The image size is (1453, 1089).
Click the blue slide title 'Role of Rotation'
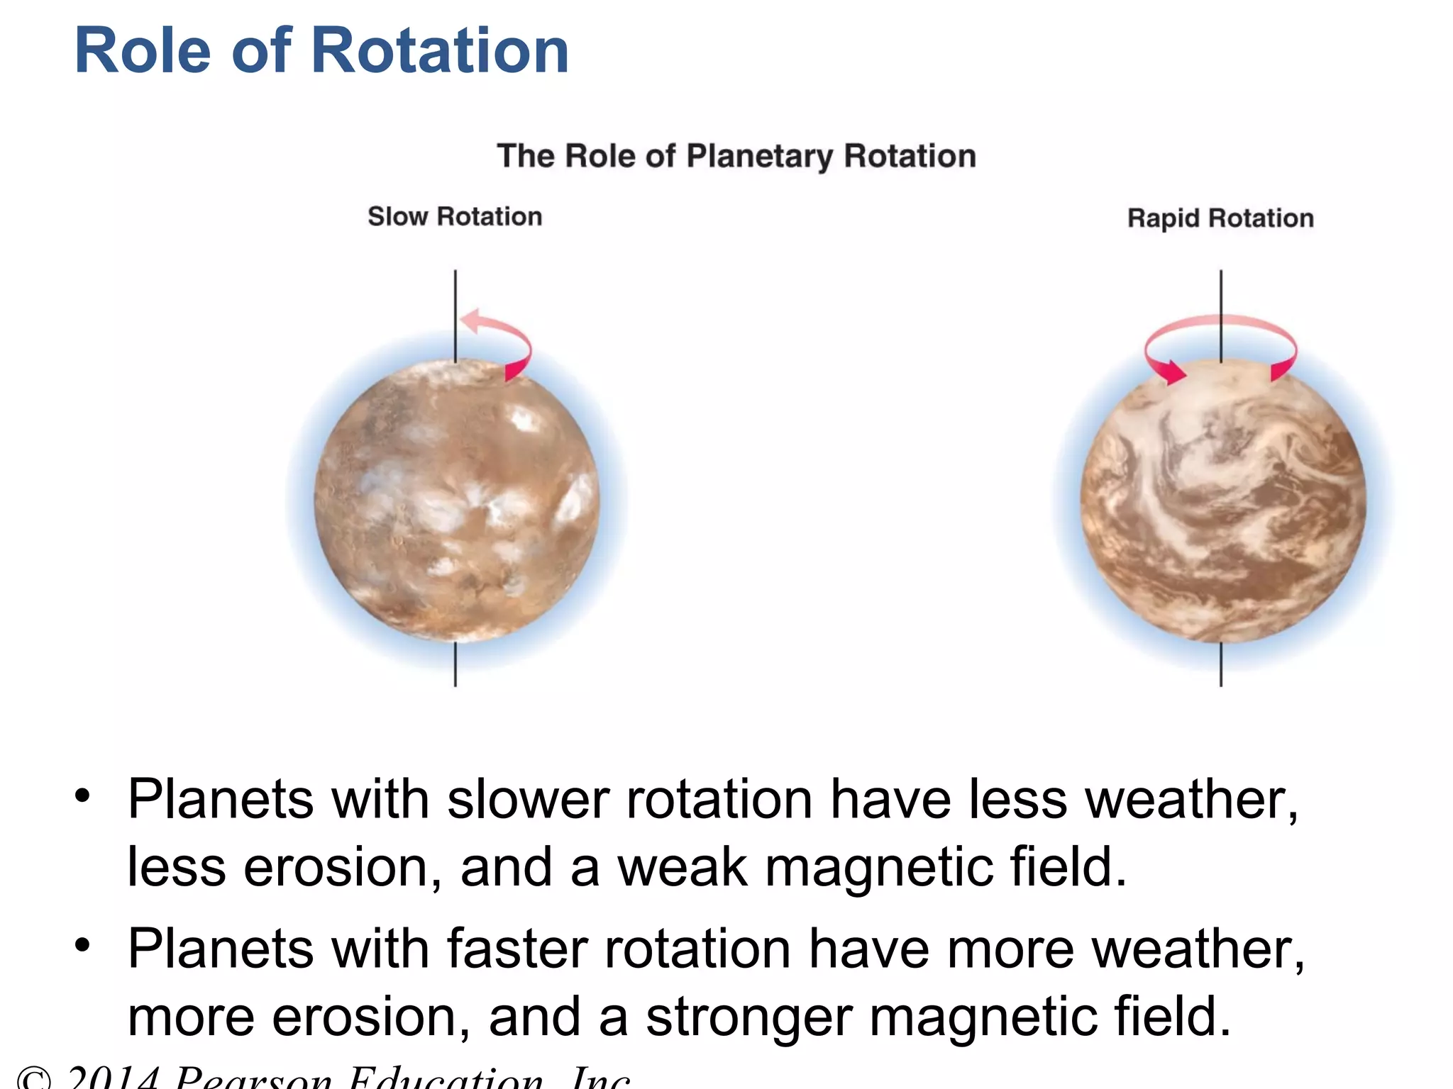pyautogui.click(x=321, y=51)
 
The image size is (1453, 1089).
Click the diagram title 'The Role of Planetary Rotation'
pyautogui.click(x=736, y=156)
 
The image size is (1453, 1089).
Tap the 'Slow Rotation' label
pyautogui.click(x=455, y=216)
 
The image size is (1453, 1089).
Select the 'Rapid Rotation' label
pyautogui.click(x=1220, y=218)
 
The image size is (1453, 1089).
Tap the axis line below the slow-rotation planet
pyautogui.click(x=455, y=665)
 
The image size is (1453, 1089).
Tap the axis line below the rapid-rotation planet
pyautogui.click(x=1221, y=665)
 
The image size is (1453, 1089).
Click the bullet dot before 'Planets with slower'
pyautogui.click(x=83, y=795)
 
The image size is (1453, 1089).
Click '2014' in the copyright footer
pyautogui.click(x=114, y=1078)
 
